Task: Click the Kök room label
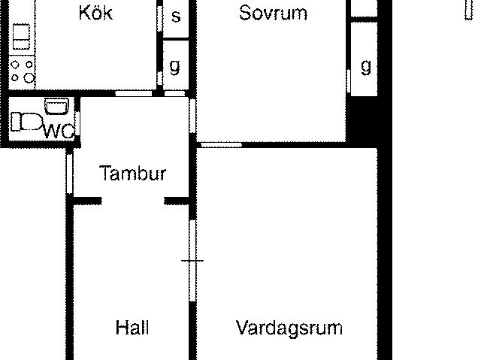(x=95, y=13)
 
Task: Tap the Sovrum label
(x=273, y=14)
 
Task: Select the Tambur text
(x=132, y=173)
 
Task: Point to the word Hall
(x=132, y=327)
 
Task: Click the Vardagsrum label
(x=289, y=328)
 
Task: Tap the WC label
(x=59, y=132)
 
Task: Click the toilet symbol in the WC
(x=26, y=122)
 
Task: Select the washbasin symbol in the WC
(x=57, y=106)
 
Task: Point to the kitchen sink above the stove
(x=22, y=37)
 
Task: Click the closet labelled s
(x=175, y=19)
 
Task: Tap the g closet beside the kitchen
(x=175, y=65)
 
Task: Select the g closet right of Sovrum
(x=364, y=59)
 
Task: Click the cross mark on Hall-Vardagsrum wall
(x=192, y=261)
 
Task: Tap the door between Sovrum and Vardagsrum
(x=221, y=144)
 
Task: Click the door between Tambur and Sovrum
(x=192, y=115)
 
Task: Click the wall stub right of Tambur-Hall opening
(x=177, y=201)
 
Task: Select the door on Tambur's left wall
(x=70, y=174)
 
